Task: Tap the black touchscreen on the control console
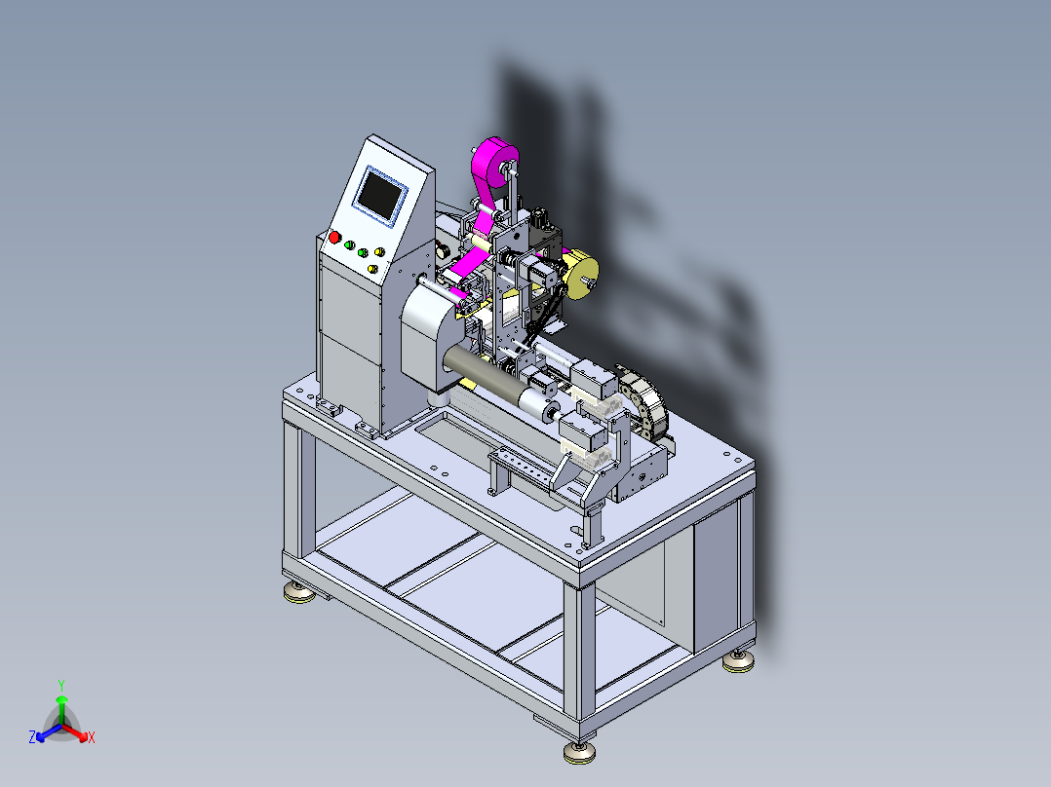click(379, 194)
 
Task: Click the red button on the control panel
click(334, 237)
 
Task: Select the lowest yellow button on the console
click(372, 269)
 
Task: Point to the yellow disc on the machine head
click(580, 274)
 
